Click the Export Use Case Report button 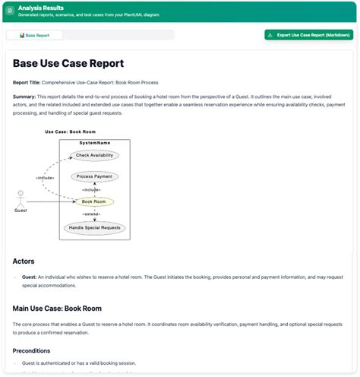[309, 35]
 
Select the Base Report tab [34, 35]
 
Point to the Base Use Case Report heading [68, 64]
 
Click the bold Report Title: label [27, 82]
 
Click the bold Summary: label [26, 97]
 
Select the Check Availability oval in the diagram [94, 156]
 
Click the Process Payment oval [94, 176]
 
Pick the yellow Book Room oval [94, 201]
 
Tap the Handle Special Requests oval [94, 227]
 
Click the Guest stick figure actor [21, 198]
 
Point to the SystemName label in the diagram [94, 143]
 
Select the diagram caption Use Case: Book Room [70, 131]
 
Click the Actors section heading [24, 261]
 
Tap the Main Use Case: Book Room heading [57, 309]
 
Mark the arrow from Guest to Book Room [49, 201]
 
